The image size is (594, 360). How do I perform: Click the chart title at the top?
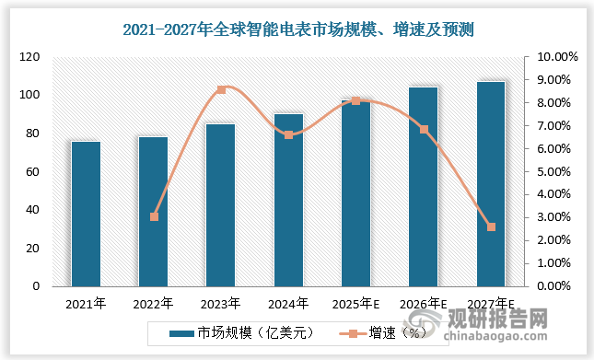[297, 29]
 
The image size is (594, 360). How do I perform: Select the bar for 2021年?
[86, 214]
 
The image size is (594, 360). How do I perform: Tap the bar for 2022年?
[153, 212]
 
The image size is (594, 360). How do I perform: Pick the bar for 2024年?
[288, 200]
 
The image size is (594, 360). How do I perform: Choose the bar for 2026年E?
[424, 187]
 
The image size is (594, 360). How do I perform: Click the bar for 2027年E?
[491, 184]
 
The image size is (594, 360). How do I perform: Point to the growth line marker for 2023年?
[221, 89]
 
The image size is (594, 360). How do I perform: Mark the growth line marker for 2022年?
[154, 216]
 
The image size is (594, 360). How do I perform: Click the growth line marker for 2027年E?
[491, 226]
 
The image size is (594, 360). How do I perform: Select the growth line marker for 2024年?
[288, 134]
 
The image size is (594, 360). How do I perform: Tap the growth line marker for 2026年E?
[424, 130]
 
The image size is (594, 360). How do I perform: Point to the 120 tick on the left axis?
[31, 57]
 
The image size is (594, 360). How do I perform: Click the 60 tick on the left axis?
[34, 172]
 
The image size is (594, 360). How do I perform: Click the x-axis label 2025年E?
[355, 303]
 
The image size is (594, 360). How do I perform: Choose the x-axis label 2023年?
[221, 303]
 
